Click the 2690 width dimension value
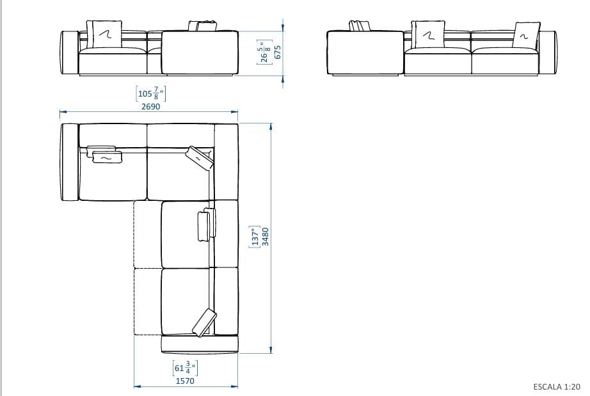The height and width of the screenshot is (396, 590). click(150, 107)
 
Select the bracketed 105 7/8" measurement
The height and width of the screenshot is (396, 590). click(150, 94)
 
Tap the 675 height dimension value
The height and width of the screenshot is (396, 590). click(278, 52)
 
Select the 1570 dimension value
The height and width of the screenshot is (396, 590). click(185, 381)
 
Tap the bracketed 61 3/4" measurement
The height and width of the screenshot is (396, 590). click(185, 368)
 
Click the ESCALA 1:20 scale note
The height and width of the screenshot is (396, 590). click(557, 386)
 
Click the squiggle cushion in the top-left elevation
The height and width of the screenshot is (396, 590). click(106, 33)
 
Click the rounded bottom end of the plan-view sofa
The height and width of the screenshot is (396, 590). click(199, 345)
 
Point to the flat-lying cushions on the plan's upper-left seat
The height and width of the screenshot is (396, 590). click(105, 154)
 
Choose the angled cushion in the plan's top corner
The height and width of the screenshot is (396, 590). click(198, 158)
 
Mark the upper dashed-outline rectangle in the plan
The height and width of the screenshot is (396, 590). click(147, 234)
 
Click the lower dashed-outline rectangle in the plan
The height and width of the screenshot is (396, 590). click(147, 301)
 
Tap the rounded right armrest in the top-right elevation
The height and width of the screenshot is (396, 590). click(551, 52)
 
